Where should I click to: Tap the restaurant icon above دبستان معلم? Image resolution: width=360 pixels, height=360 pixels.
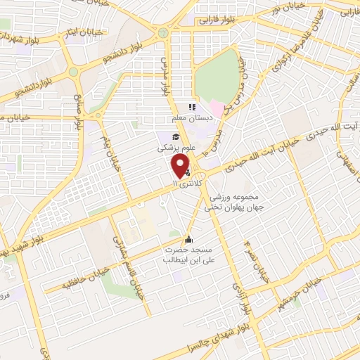(x=191, y=108)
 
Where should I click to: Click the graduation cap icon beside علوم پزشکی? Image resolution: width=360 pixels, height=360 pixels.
(x=174, y=136)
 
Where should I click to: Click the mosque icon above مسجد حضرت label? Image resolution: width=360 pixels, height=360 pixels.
(x=187, y=238)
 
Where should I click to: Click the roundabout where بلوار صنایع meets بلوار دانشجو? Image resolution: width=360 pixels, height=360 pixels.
(x=73, y=72)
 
